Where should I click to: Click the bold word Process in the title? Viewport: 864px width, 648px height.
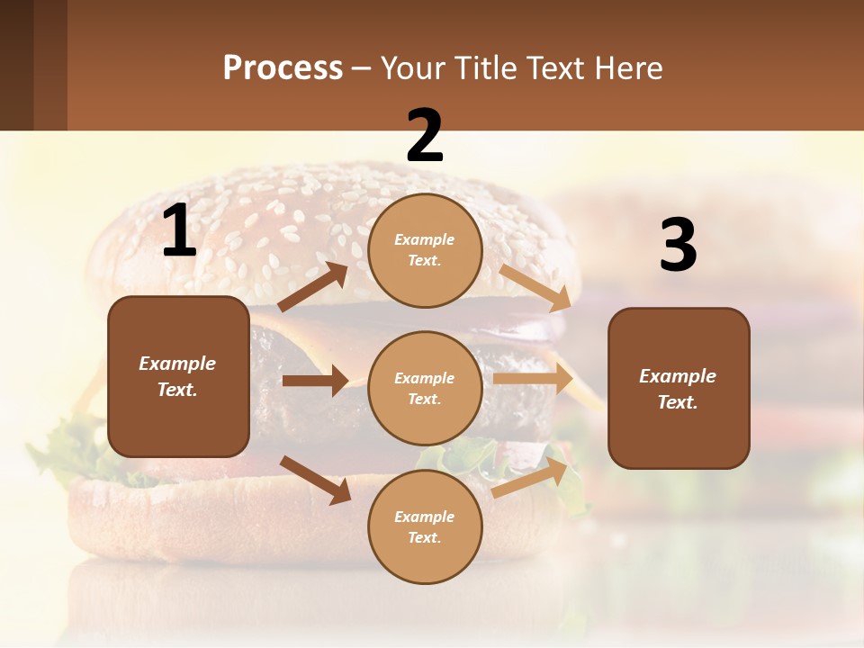coord(283,68)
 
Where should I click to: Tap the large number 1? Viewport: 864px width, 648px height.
coord(179,232)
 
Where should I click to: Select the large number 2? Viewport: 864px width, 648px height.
coord(425,136)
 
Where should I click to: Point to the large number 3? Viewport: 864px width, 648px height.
coord(679,246)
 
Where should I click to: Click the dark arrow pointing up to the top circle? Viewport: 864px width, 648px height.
coord(313,287)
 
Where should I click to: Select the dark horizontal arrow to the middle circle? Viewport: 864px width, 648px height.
coord(315,381)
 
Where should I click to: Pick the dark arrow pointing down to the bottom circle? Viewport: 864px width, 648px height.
coord(316,480)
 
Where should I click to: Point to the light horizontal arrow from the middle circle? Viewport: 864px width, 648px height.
coord(533,379)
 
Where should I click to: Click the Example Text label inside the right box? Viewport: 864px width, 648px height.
coord(678,389)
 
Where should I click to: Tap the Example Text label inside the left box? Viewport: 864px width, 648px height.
coord(177,376)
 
